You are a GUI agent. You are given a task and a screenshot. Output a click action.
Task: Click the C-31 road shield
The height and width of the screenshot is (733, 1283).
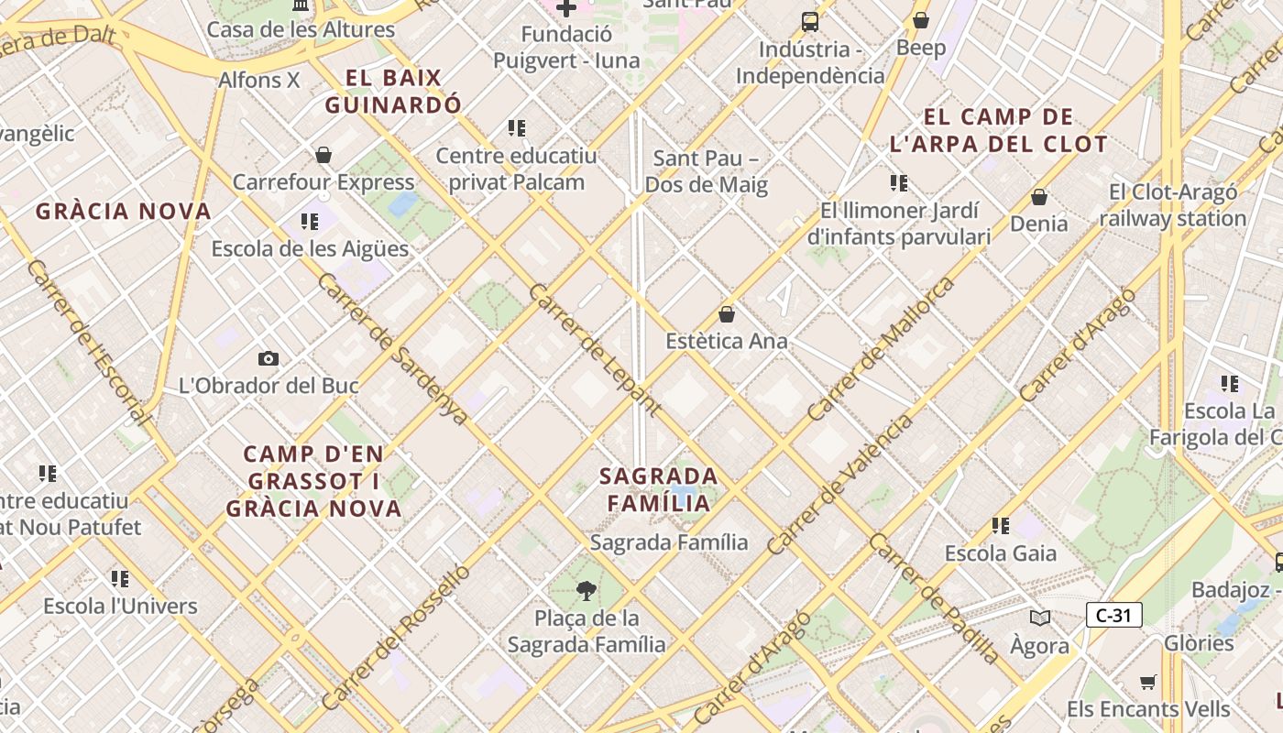1113,615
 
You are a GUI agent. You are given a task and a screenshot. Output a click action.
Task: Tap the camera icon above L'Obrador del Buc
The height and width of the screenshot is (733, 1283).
269,358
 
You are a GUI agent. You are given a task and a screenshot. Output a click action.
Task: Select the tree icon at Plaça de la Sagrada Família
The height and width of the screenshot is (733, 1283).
587,590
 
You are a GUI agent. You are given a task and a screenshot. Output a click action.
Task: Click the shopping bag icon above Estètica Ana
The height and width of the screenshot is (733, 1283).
727,314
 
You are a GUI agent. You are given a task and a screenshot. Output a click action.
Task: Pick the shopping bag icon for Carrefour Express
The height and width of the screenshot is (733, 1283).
323,155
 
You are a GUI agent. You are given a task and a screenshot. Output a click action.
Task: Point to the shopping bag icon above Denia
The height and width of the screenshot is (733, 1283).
1039,197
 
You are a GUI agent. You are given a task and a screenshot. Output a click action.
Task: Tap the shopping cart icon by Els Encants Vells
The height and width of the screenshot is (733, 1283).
1147,682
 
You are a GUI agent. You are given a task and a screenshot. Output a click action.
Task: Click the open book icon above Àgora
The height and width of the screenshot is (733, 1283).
1039,618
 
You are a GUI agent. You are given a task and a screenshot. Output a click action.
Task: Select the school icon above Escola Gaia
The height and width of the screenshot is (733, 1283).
1000,526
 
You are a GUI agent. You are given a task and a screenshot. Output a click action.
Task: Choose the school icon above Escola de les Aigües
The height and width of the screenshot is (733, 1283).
310,222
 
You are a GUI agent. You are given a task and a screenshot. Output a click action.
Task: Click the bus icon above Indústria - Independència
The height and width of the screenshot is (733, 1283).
810,21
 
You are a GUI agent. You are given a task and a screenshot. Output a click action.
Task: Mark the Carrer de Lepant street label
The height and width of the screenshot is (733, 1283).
595,349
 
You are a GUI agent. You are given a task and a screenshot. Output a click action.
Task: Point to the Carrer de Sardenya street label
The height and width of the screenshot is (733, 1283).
393,348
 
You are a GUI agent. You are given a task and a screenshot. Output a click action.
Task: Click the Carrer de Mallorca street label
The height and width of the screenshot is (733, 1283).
881,349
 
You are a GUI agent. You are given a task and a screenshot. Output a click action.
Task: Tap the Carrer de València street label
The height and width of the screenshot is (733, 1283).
840,485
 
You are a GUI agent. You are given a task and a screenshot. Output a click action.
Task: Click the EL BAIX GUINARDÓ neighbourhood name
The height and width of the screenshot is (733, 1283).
393,92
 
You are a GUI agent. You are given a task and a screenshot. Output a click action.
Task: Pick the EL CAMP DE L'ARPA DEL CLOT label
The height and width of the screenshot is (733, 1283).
999,130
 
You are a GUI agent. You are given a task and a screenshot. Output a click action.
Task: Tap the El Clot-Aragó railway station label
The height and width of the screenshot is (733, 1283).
1173,205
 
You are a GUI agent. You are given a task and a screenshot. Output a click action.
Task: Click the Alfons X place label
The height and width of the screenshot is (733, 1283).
258,81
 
